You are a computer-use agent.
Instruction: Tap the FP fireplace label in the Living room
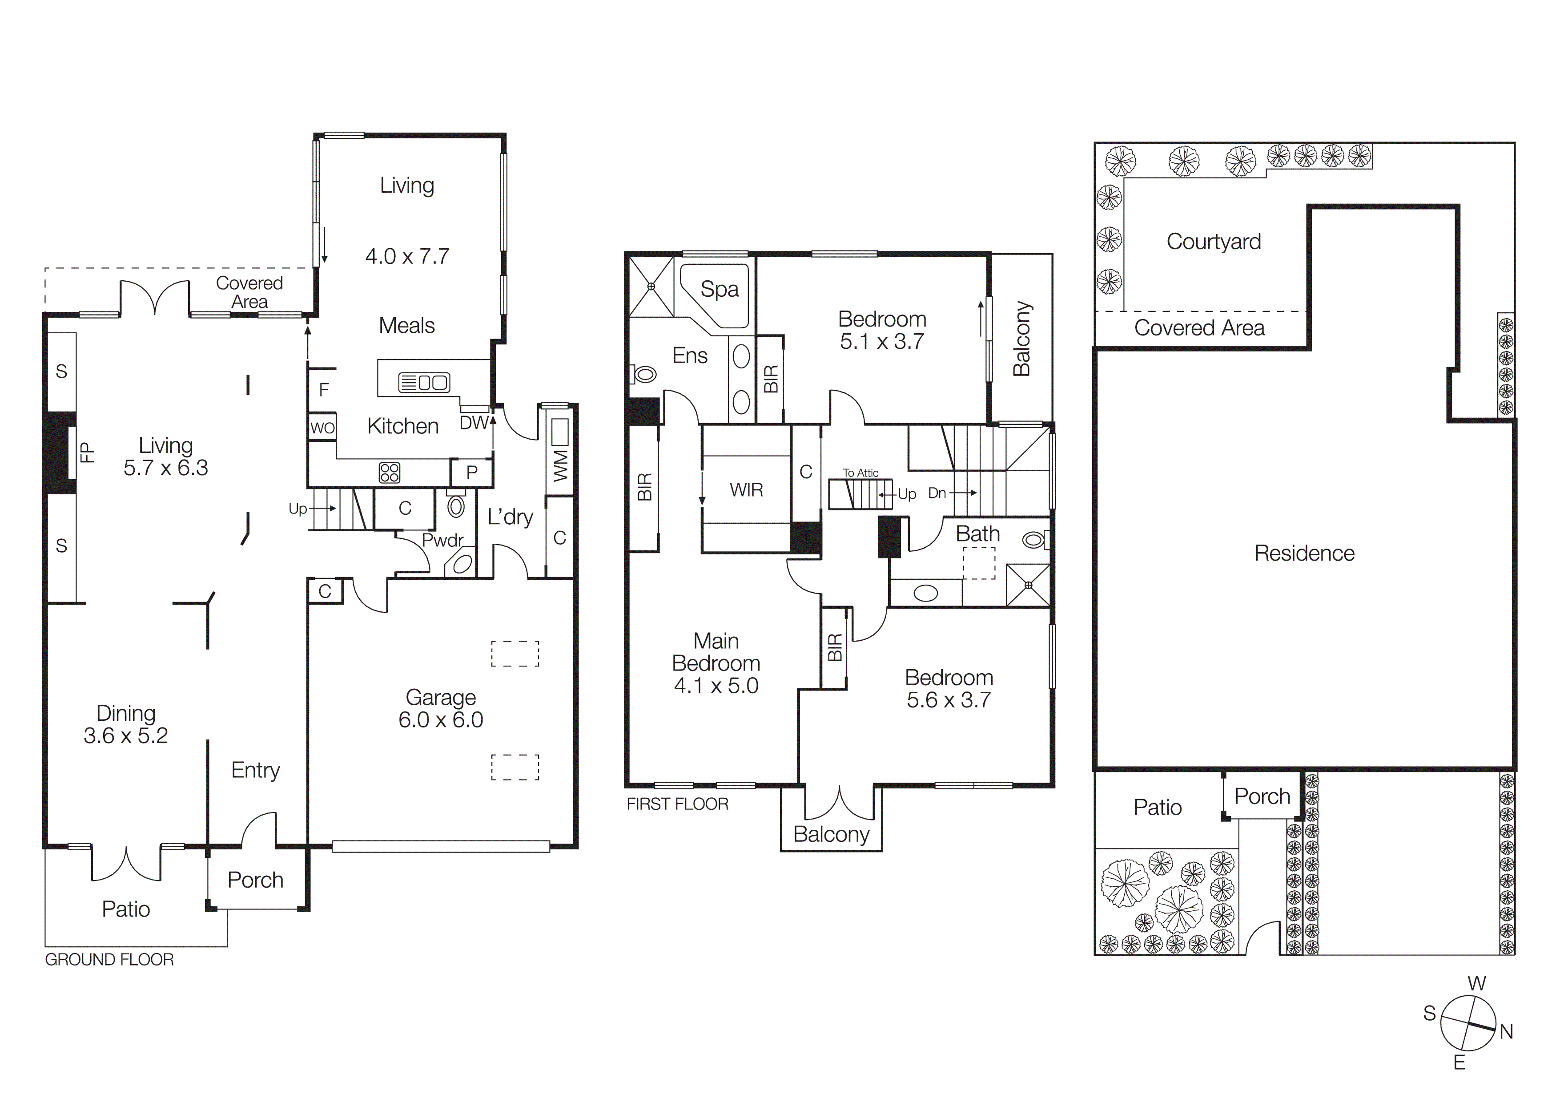coord(86,452)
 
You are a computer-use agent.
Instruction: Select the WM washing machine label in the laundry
coord(560,465)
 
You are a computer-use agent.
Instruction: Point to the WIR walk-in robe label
coord(746,490)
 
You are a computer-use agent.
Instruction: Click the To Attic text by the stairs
coord(860,473)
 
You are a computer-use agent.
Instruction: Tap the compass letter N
coord(1506,1032)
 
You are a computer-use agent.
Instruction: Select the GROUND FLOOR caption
coord(109,960)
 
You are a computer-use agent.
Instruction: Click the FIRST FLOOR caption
coord(677,804)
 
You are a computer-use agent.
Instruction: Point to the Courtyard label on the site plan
coord(1214,241)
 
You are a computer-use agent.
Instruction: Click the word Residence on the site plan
coord(1304,553)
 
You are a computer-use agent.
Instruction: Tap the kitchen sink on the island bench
coord(424,383)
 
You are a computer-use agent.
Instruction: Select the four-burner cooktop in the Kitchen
coord(389,473)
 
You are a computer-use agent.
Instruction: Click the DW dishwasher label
coord(474,423)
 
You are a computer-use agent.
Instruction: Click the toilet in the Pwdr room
coord(456,506)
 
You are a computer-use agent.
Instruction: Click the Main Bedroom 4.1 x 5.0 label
coord(716,663)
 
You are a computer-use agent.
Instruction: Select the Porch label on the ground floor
coord(255,880)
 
